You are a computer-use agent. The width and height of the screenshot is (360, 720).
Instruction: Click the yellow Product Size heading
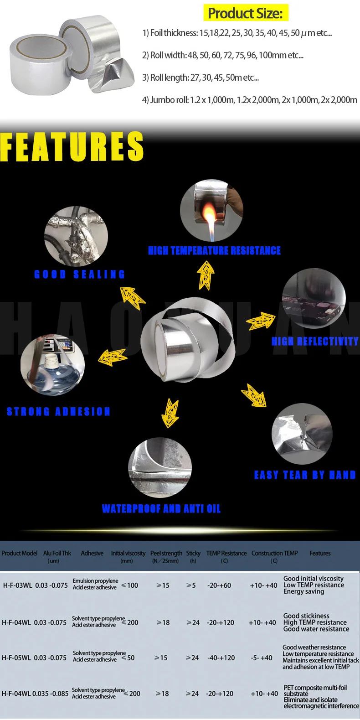click(x=245, y=13)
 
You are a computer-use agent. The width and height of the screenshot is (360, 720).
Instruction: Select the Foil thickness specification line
click(x=237, y=33)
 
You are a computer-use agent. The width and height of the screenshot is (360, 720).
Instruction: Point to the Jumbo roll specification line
click(x=249, y=100)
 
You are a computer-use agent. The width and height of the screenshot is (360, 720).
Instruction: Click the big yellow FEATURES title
click(x=72, y=147)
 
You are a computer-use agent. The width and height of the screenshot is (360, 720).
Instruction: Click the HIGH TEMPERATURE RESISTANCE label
click(x=214, y=250)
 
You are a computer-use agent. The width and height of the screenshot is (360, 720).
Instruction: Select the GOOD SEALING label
click(x=79, y=274)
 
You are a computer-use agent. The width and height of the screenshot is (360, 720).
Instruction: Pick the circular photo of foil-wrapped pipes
click(x=76, y=236)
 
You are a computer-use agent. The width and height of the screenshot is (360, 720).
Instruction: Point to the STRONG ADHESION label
click(x=58, y=412)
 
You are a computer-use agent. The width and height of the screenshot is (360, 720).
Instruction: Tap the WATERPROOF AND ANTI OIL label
click(x=161, y=509)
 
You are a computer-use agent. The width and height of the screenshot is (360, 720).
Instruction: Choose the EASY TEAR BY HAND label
click(x=304, y=475)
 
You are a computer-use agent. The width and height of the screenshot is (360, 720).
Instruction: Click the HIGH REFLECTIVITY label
click(x=315, y=341)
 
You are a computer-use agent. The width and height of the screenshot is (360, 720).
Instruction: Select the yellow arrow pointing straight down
click(x=170, y=413)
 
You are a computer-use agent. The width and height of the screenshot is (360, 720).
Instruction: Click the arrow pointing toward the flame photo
click(x=206, y=275)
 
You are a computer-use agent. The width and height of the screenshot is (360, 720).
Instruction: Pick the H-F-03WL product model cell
click(x=17, y=585)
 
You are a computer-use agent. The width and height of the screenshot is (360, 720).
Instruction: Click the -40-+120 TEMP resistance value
click(x=221, y=658)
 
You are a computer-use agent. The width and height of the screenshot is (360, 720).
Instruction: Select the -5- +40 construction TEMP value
click(x=262, y=658)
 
